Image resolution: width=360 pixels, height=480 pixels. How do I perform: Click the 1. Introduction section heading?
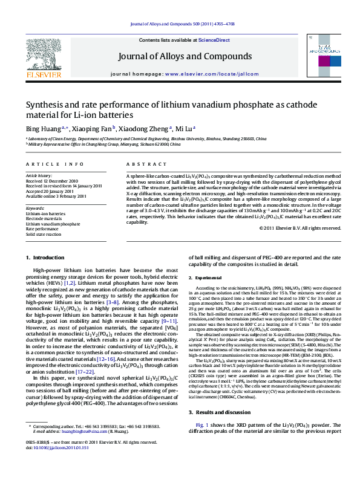point(46,258)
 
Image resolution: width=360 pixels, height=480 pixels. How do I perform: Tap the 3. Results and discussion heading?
point(221,411)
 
